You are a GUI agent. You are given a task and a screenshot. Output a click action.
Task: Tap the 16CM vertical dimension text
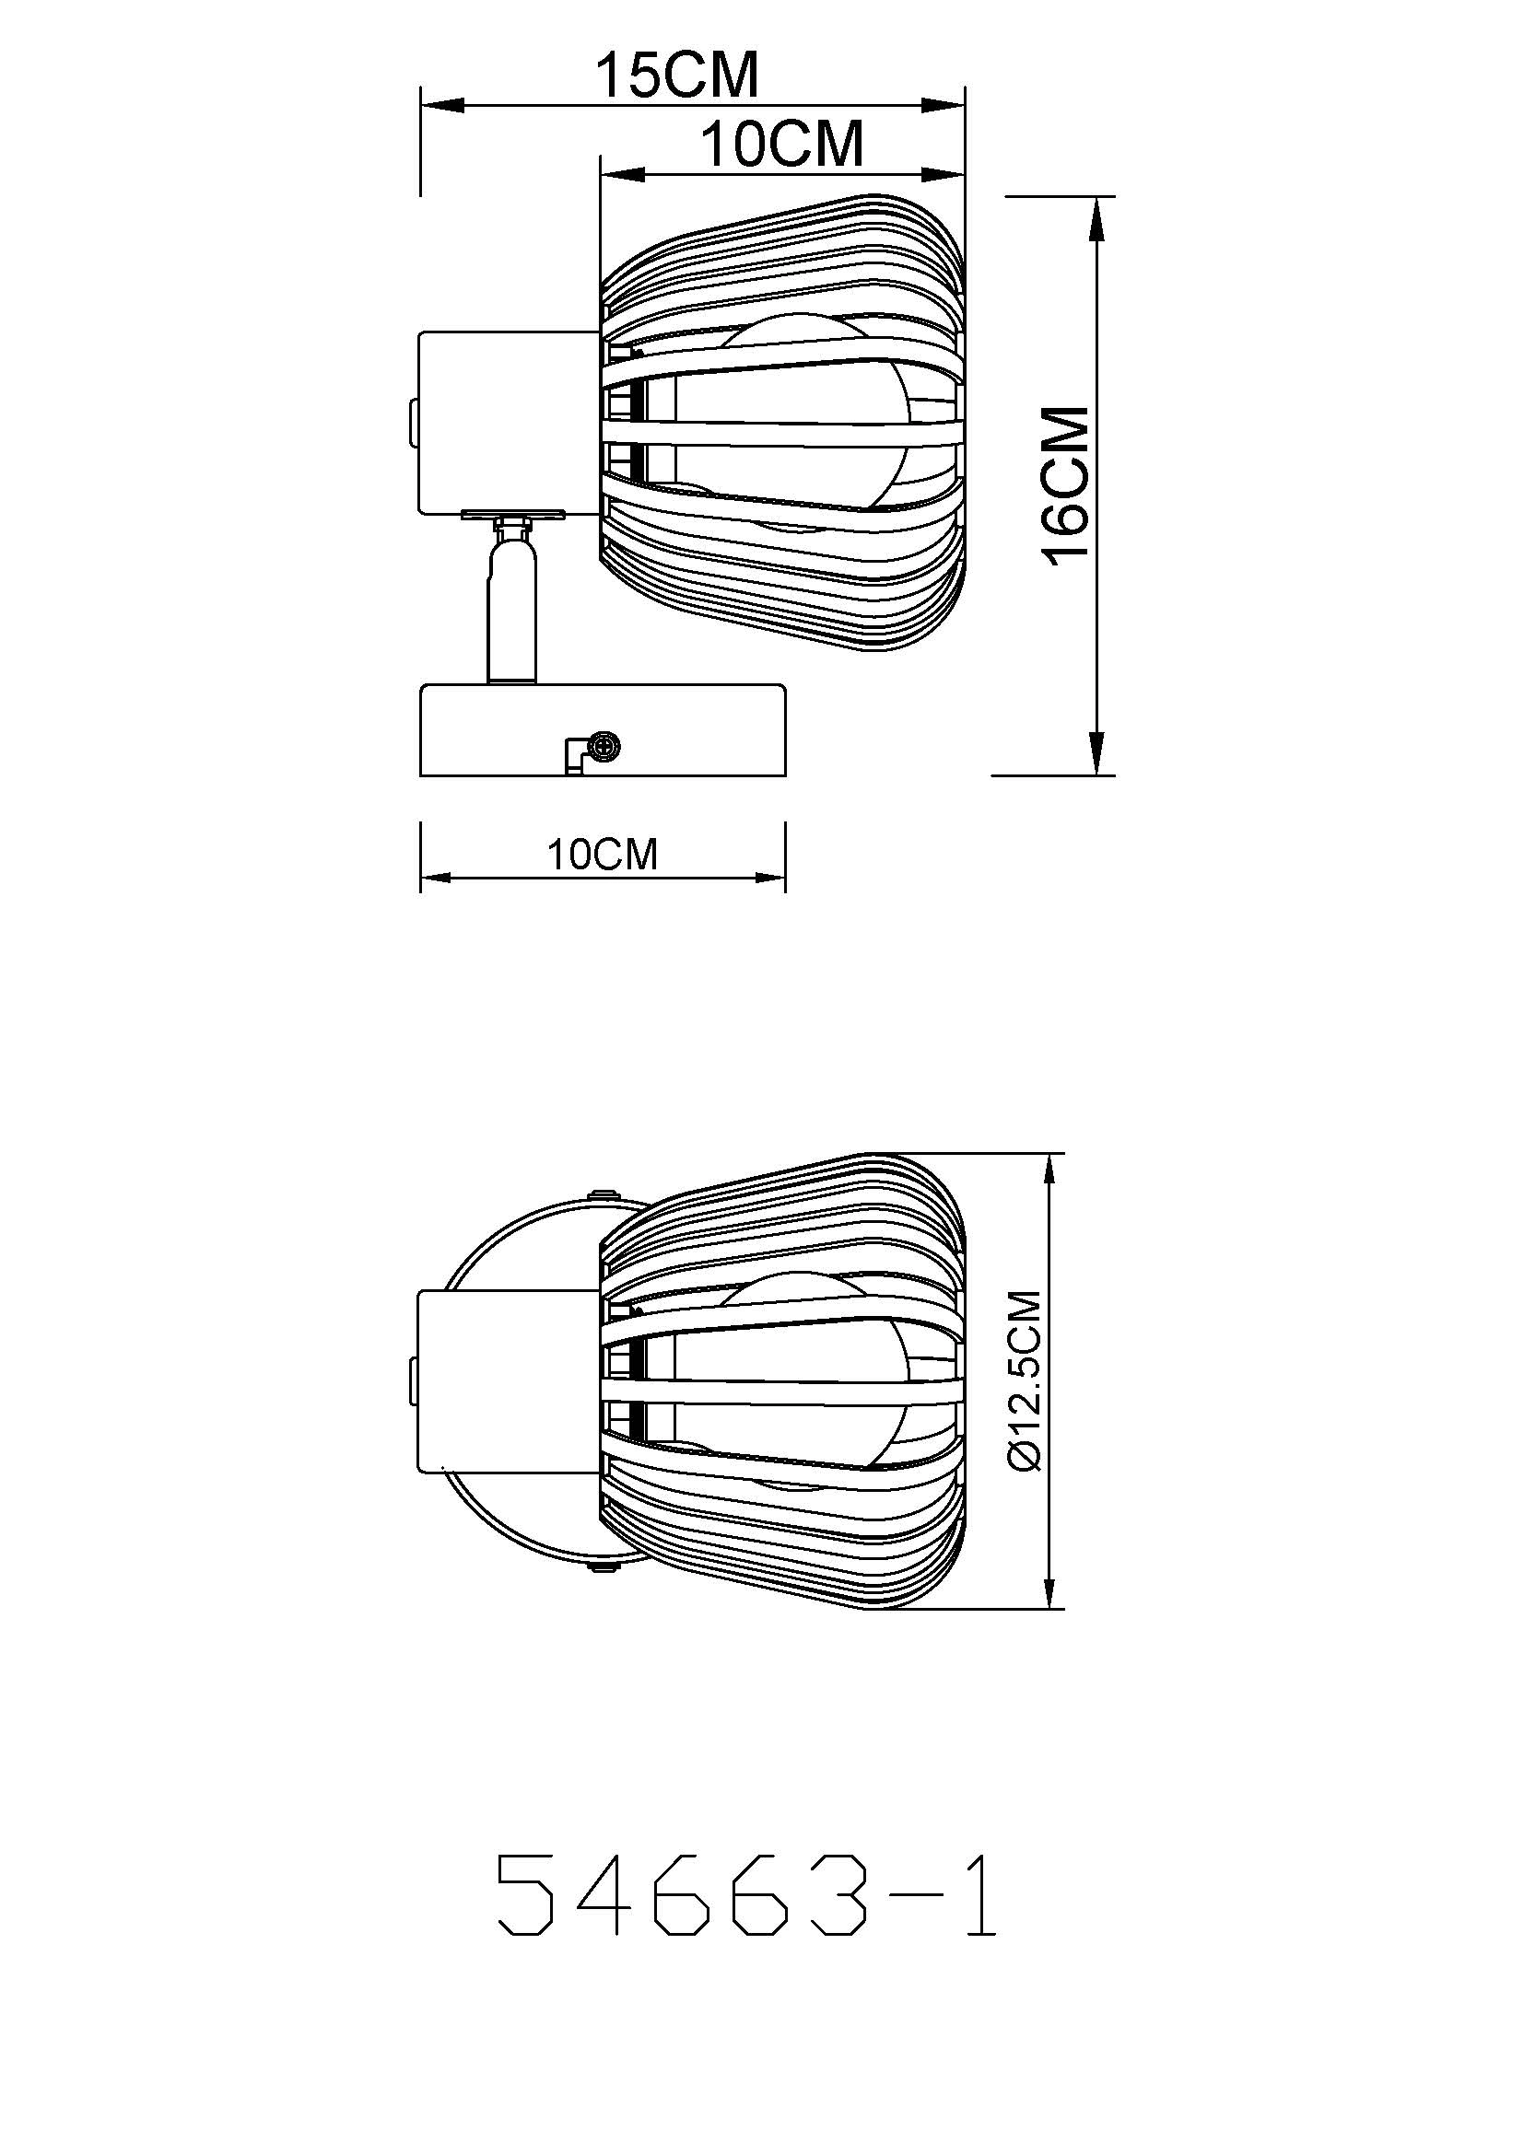[x=1067, y=486]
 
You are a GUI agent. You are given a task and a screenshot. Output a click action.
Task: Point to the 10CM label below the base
[x=603, y=855]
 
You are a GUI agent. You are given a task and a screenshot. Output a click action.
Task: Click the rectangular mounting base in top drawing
[x=603, y=731]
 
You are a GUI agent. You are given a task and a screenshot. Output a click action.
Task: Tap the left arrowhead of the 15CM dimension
[x=442, y=106]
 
